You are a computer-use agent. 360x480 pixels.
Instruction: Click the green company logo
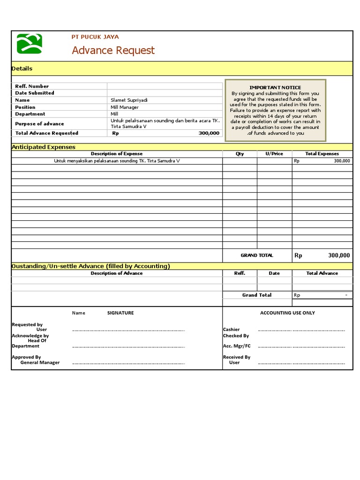(29, 44)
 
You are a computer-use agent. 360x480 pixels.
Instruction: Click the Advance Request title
(113, 51)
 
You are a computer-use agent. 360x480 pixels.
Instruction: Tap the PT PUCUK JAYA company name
(95, 37)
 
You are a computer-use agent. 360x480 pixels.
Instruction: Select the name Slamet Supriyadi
(128, 100)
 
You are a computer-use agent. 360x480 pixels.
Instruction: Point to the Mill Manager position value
(125, 107)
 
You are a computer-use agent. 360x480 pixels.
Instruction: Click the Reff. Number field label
(32, 86)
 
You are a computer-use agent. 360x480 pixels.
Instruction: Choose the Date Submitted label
(35, 93)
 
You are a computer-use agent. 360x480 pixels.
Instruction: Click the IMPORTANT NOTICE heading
(275, 88)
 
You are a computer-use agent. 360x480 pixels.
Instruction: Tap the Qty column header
(240, 154)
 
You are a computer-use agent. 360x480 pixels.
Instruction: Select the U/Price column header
(274, 154)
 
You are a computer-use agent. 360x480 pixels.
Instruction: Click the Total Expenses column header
(322, 154)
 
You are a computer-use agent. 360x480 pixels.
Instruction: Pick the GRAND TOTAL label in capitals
(256, 255)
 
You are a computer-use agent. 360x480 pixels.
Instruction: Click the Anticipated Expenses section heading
(43, 147)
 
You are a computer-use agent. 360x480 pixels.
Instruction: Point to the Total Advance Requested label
(46, 133)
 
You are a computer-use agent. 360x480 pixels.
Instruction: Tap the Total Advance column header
(322, 273)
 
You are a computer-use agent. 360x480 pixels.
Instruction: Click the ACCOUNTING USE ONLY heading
(287, 313)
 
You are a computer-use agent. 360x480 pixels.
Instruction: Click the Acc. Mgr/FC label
(237, 346)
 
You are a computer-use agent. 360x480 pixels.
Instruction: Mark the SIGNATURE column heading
(120, 313)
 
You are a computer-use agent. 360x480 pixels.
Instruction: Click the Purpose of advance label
(39, 124)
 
